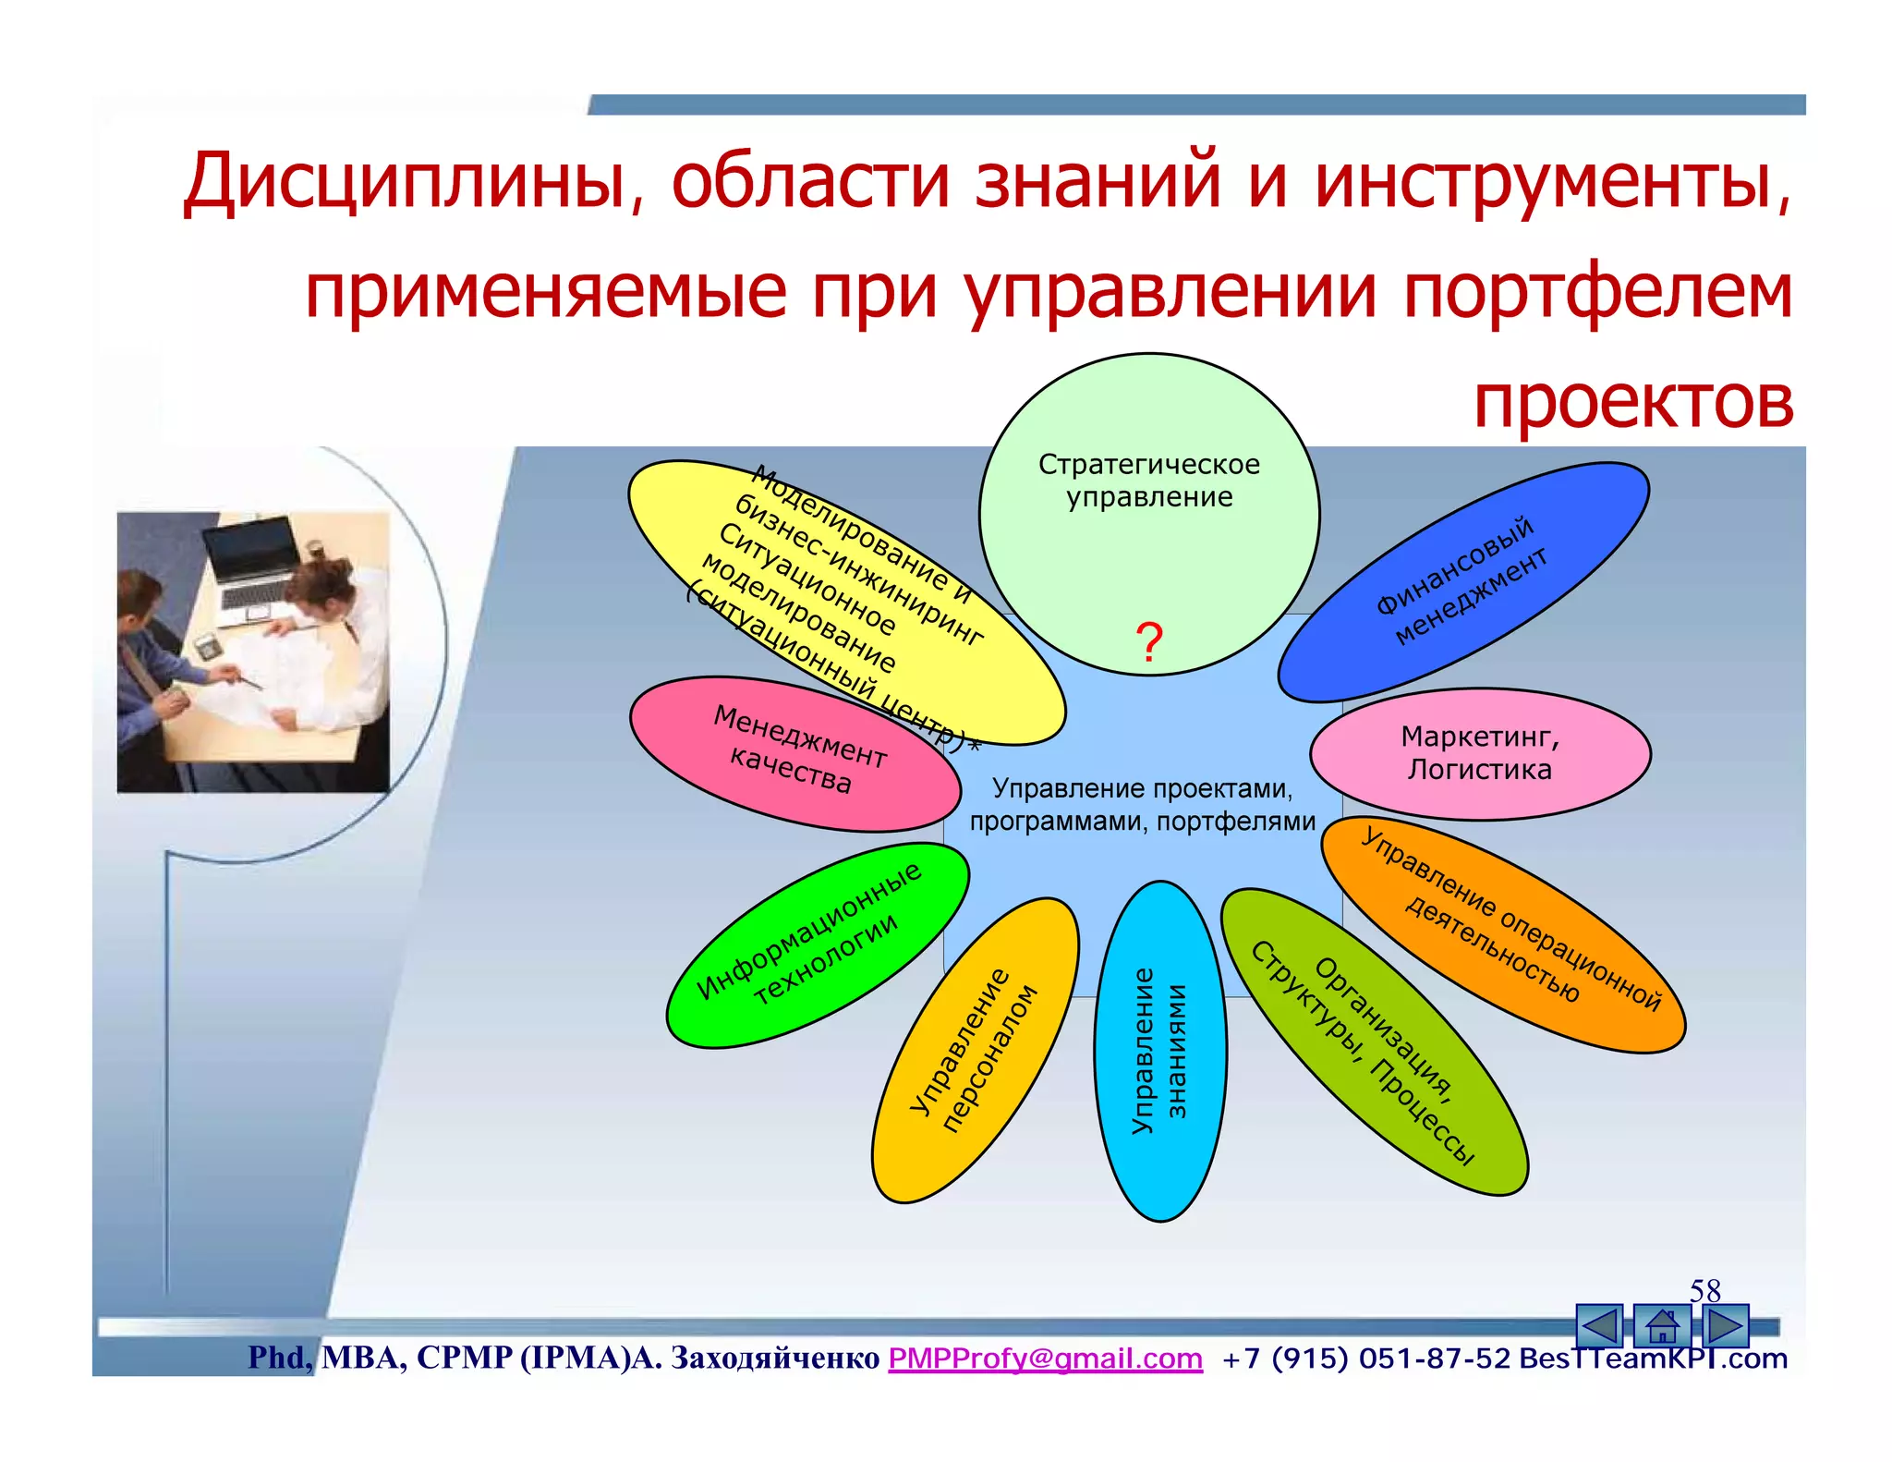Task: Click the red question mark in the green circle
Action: coord(1149,642)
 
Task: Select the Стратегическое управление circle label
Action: coord(1148,481)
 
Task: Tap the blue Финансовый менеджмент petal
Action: coord(1462,581)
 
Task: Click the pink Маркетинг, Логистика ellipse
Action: coord(1479,753)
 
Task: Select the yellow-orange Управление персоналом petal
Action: coord(975,1050)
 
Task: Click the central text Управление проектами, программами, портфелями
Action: coord(1142,805)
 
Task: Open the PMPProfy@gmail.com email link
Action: coord(1045,1358)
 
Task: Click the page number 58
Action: coord(1704,1290)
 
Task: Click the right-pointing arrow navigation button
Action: coord(1723,1326)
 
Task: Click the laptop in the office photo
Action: coord(249,564)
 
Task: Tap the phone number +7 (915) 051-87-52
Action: coord(1365,1358)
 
